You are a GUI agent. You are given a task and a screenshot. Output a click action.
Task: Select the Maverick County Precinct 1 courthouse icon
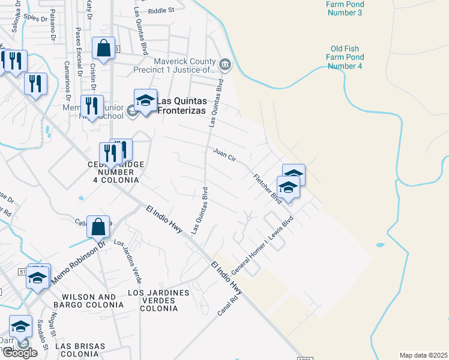225,63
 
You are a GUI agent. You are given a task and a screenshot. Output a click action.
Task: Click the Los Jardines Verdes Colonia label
158,301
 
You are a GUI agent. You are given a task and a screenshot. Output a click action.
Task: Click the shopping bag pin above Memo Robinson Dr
98,227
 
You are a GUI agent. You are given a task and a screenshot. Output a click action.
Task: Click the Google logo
20,353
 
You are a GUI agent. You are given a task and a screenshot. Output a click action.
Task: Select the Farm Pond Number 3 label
345,8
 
